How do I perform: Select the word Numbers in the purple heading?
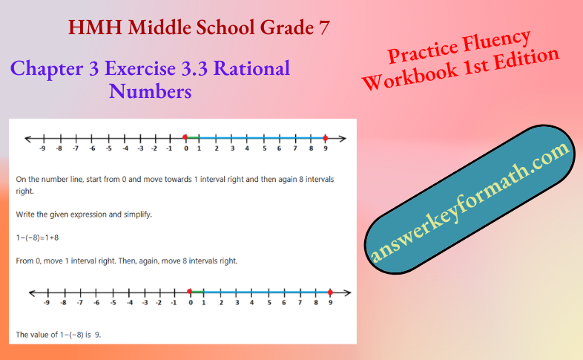[x=150, y=92]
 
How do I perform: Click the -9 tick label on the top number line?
[x=44, y=148]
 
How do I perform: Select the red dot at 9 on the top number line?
[x=325, y=138]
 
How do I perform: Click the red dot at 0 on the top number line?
[x=185, y=138]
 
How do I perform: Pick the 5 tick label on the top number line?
[x=263, y=148]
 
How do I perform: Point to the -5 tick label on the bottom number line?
[x=113, y=303]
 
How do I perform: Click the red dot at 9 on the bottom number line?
[x=329, y=292]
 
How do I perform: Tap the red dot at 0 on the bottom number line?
[x=190, y=292]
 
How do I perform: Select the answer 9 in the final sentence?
[x=97, y=335]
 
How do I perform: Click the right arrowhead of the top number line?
[x=343, y=138]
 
